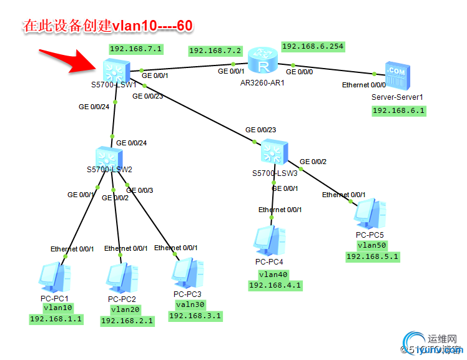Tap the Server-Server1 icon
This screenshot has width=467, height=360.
click(396, 77)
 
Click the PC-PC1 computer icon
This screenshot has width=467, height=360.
click(52, 278)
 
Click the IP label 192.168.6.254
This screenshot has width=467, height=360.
click(313, 46)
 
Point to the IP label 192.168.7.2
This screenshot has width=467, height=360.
click(215, 51)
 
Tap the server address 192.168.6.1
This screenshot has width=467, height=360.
click(398, 110)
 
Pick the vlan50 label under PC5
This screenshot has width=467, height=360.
click(372, 246)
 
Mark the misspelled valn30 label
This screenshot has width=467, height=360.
click(192, 304)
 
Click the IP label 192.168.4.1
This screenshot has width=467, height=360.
click(275, 285)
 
